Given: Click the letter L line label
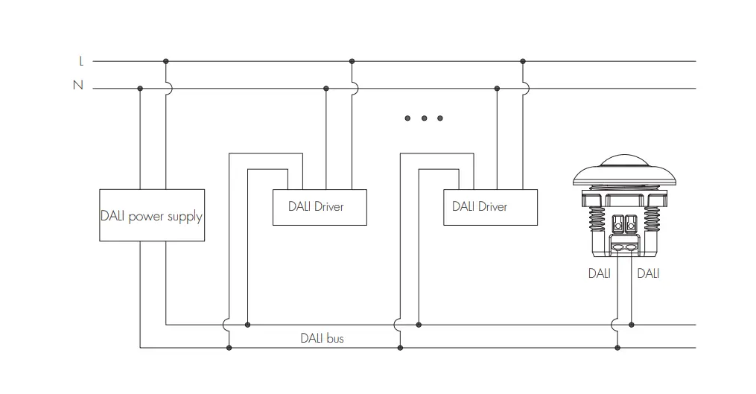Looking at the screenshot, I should [x=81, y=62].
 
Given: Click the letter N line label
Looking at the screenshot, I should [x=77, y=86].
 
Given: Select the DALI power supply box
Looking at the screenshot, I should [x=151, y=215].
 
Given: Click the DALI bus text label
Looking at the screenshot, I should [x=322, y=337].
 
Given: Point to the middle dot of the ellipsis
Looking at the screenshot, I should [x=424, y=118].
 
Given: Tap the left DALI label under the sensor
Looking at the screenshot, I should [x=599, y=273].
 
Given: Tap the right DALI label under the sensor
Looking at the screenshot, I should [x=648, y=273].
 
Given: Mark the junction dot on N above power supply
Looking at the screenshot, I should [x=140, y=88].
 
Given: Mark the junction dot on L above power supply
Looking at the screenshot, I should [x=165, y=61].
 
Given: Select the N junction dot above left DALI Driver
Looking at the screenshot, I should [x=325, y=88].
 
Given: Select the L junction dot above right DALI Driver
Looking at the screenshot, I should [x=523, y=61].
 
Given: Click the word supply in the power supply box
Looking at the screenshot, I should [x=185, y=217].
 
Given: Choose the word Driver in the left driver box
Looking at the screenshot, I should [x=329, y=206].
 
